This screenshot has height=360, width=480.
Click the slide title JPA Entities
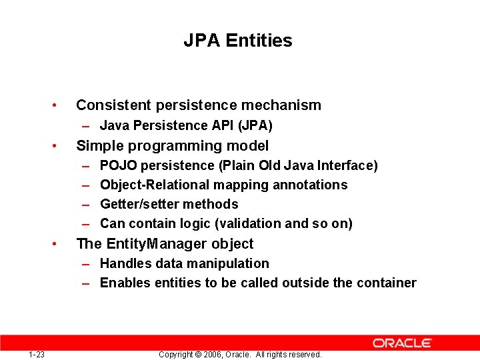click(x=238, y=41)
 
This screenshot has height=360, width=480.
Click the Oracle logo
click(x=402, y=343)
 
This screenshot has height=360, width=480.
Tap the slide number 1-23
click(x=37, y=355)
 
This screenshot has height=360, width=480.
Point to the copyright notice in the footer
click(x=240, y=355)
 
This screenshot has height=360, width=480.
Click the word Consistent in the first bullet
click(x=113, y=105)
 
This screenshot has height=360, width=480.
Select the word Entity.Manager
click(x=152, y=244)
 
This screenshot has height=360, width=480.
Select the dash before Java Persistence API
click(x=87, y=125)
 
